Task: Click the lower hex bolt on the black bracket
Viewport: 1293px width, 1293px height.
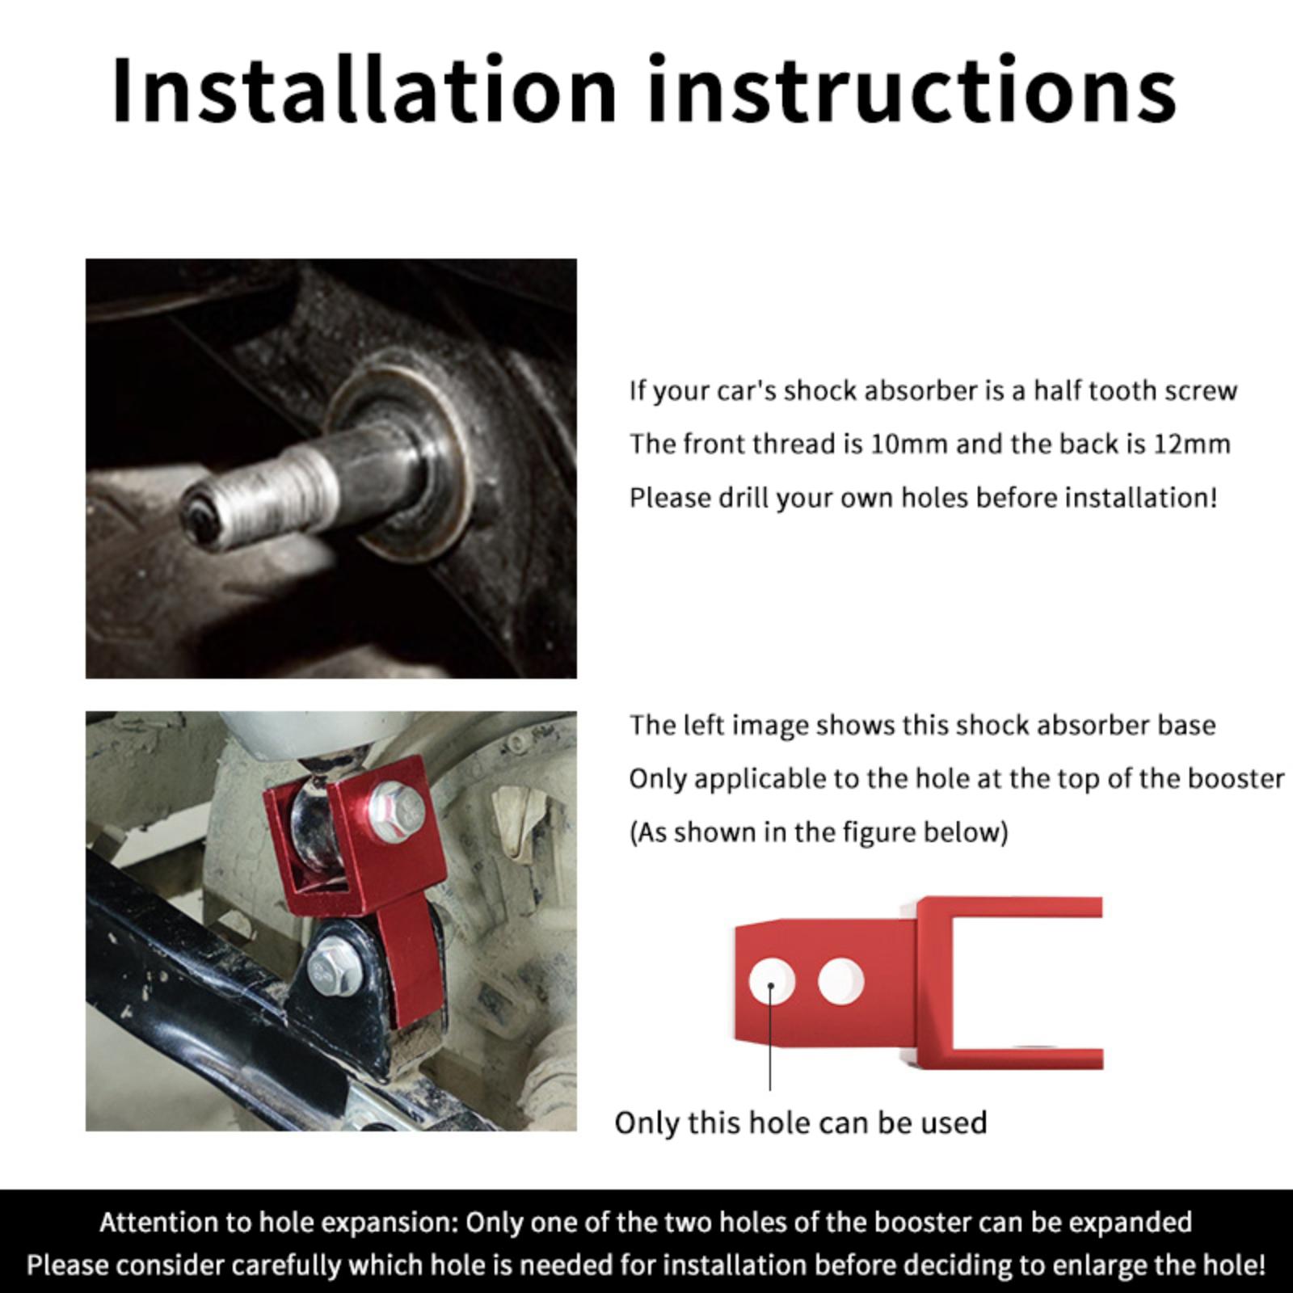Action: point(332,967)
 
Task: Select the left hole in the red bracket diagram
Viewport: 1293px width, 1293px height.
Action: point(771,983)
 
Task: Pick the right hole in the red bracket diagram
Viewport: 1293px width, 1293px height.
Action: point(840,981)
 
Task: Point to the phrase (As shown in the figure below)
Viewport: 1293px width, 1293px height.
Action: point(819,832)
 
